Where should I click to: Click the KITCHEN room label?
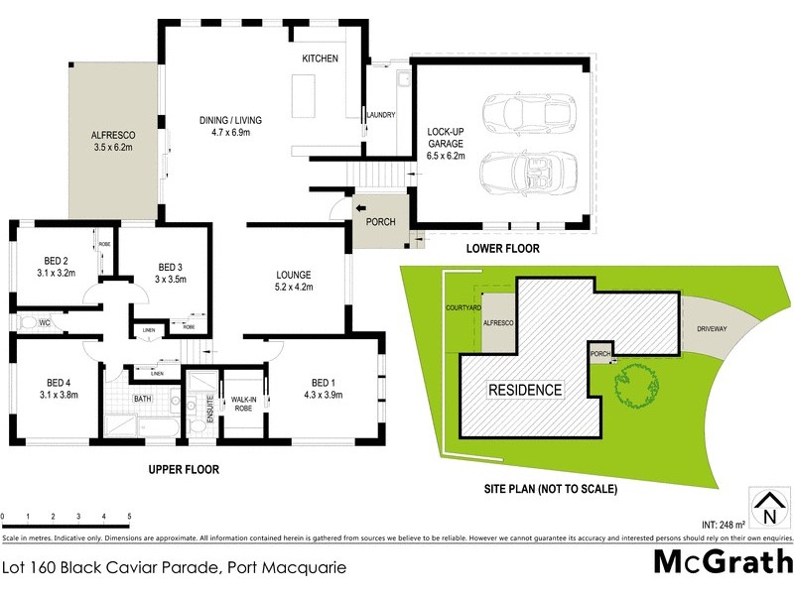pos(321,59)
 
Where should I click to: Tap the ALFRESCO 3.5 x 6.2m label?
pos(113,141)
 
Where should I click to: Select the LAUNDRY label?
pos(381,116)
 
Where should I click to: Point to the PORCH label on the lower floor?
pos(381,222)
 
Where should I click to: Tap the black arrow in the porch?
pos(361,209)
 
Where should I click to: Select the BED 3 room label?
pos(172,273)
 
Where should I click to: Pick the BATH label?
pos(144,400)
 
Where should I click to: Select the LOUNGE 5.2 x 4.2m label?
pos(293,282)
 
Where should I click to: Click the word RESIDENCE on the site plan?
pos(523,390)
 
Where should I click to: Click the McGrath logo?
pos(721,561)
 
